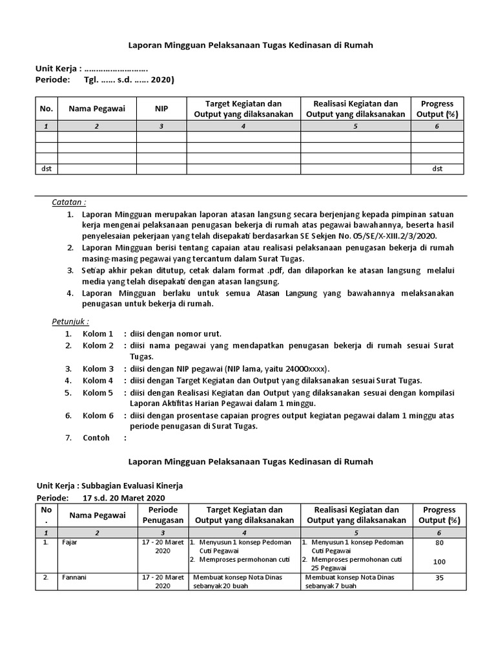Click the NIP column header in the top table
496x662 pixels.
pos(161,109)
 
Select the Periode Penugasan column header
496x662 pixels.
pos(161,515)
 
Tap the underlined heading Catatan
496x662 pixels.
pos(69,202)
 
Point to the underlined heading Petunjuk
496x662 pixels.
pos(70,321)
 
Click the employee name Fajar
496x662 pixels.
pos(69,542)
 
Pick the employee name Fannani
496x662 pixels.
pos(74,577)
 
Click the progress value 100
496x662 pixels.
pos(439,562)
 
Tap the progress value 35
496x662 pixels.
pos(439,578)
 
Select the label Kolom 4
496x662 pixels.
pos(98,380)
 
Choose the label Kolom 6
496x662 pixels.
pos(98,415)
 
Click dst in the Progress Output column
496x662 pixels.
pos(437,169)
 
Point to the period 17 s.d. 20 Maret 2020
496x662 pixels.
pos(124,498)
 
